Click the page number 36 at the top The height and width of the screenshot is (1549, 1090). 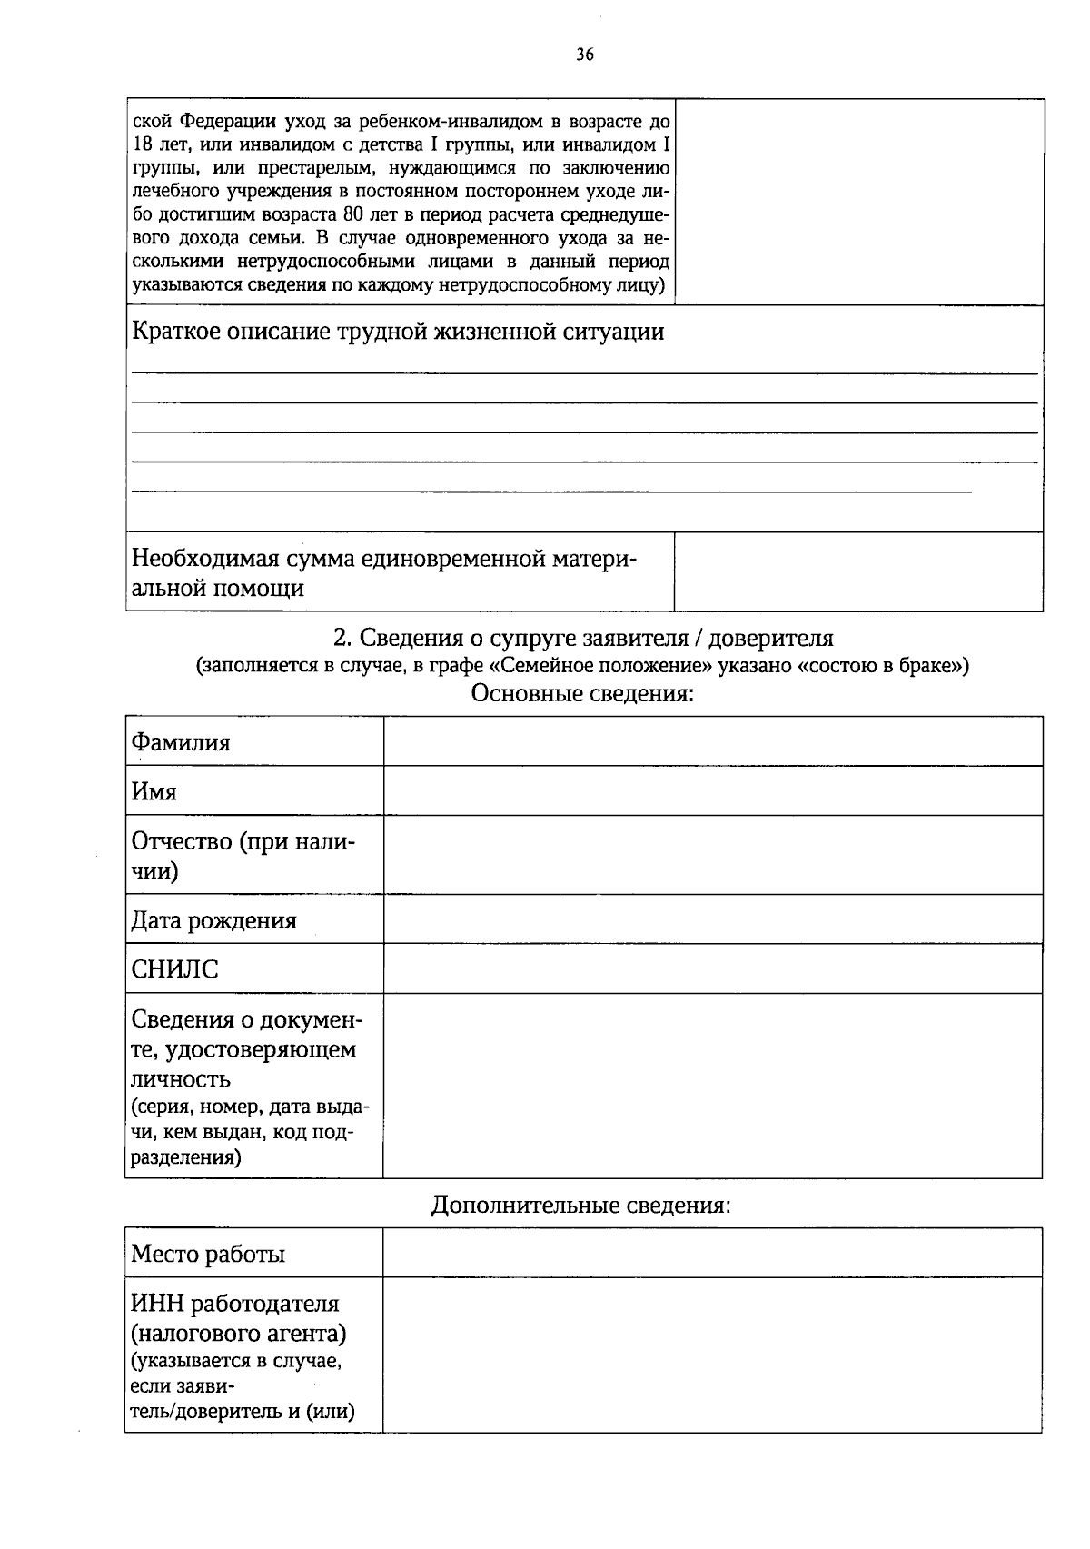[x=584, y=55]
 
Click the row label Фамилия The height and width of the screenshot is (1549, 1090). [x=181, y=742]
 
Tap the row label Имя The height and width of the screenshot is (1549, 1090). [x=154, y=791]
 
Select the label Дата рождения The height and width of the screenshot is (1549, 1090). [x=213, y=920]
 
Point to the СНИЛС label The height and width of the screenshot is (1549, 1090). [x=174, y=969]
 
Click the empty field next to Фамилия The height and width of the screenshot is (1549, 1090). [x=712, y=741]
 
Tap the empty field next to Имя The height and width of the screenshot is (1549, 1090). [x=712, y=790]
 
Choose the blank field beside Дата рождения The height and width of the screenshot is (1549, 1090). [x=712, y=919]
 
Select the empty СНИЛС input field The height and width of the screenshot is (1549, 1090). [x=712, y=968]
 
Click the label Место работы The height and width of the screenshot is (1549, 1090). [x=208, y=1254]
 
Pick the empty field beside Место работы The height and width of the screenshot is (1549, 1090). [x=712, y=1253]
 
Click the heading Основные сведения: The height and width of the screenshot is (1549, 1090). [x=582, y=694]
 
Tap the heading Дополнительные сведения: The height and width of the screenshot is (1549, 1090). [x=580, y=1205]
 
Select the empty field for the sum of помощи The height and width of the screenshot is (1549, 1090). [x=857, y=571]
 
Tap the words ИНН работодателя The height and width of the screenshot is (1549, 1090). [x=235, y=1304]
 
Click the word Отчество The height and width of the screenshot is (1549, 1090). [x=182, y=841]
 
